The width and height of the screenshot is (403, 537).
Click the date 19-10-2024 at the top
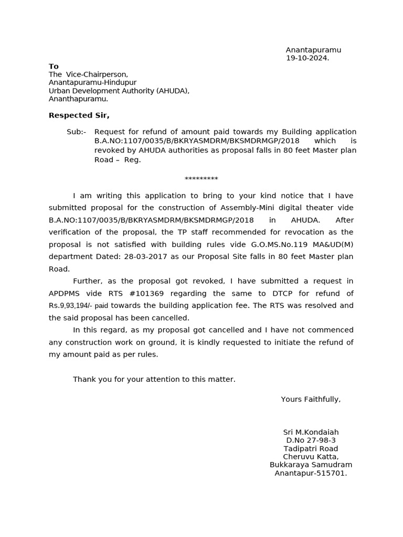coord(307,58)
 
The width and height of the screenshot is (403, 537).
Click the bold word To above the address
coord(54,66)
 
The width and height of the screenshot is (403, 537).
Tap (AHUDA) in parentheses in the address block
coord(173,91)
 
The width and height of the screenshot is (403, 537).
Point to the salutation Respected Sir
coord(79,115)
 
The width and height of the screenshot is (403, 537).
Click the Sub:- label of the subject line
coord(77,132)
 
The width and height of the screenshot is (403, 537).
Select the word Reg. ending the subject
coord(132,160)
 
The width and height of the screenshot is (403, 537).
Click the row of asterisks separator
coord(201,179)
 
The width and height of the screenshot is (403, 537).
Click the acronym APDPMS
coord(68,293)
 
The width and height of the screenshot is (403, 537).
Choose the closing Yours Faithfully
coord(311,400)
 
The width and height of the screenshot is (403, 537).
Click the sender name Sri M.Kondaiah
coord(311,433)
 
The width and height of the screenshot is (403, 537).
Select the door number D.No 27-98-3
coord(311,441)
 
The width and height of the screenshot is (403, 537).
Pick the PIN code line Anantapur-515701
coord(311,473)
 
